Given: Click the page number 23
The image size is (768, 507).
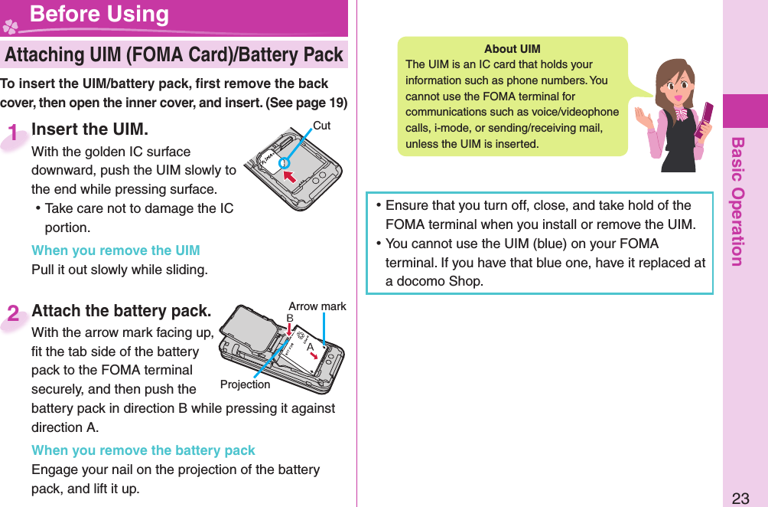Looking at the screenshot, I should [x=740, y=499].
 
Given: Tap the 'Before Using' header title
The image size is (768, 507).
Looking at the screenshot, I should [x=99, y=15].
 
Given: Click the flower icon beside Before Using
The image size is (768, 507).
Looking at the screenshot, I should [x=11, y=26].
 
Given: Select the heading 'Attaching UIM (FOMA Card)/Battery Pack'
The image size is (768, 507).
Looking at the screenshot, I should [x=174, y=55].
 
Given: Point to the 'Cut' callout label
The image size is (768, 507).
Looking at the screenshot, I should [x=322, y=126].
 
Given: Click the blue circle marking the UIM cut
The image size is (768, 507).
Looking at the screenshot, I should [x=283, y=162].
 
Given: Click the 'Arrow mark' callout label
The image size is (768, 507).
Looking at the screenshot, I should [x=317, y=306].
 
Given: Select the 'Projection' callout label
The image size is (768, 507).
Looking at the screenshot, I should [x=245, y=384].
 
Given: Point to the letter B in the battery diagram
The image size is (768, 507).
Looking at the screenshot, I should [x=290, y=318].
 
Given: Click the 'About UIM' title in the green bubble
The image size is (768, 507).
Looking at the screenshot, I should [x=512, y=49].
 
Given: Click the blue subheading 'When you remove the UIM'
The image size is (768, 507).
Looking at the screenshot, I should [x=116, y=250].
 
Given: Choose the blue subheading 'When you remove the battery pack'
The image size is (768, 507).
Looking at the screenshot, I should [x=143, y=450].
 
